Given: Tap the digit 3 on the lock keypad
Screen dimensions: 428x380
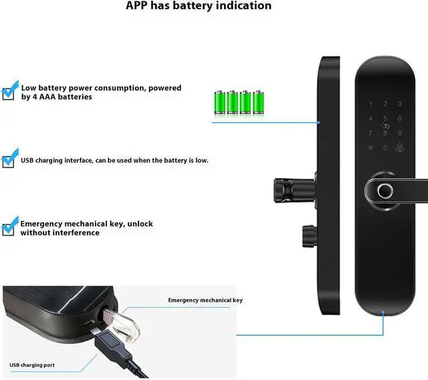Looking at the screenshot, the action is click(400, 104).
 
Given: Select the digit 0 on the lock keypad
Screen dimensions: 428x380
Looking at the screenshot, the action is click(385, 147).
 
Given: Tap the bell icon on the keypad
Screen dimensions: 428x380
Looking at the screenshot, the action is click(400, 147).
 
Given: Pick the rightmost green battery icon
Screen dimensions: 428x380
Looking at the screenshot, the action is click(257, 102).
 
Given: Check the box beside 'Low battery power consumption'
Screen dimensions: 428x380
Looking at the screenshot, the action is click(9, 91).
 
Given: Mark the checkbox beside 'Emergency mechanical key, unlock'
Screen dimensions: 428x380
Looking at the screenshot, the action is click(9, 227).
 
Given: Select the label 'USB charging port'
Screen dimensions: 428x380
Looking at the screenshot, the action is click(32, 365).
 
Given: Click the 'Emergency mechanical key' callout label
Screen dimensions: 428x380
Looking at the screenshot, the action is click(205, 300).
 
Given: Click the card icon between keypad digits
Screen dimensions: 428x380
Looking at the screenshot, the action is click(385, 125).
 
